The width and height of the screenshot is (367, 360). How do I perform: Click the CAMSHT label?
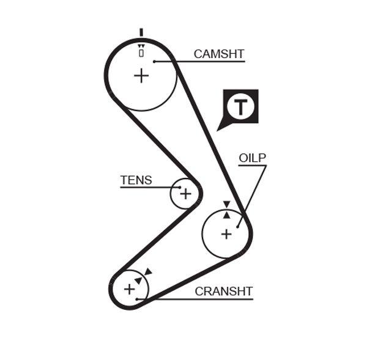click(x=218, y=54)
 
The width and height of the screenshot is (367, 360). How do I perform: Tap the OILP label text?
click(x=252, y=158)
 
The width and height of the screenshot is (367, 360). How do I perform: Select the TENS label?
click(x=136, y=180)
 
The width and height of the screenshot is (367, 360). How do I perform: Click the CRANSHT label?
click(x=223, y=292)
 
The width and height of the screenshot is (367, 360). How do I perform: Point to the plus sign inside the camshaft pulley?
click(x=141, y=75)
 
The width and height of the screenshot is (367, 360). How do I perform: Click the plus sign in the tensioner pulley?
click(x=185, y=194)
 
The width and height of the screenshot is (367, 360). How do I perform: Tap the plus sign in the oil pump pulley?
click(x=226, y=233)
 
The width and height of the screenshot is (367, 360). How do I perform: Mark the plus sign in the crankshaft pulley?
click(x=129, y=288)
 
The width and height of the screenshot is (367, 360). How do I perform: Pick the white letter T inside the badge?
click(x=242, y=107)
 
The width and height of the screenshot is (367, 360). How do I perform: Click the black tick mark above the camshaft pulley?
click(x=141, y=32)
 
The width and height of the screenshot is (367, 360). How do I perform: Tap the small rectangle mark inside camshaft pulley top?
click(x=141, y=53)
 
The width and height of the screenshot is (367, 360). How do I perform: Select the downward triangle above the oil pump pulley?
click(x=226, y=204)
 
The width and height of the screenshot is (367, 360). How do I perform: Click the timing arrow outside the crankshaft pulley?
click(x=148, y=271)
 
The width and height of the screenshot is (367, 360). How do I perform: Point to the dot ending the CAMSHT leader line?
click(x=155, y=61)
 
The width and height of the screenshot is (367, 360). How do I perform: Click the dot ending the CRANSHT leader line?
click(x=138, y=299)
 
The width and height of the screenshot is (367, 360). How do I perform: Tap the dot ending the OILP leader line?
click(x=239, y=226)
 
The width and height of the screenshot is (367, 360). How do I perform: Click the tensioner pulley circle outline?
click(x=172, y=194)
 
